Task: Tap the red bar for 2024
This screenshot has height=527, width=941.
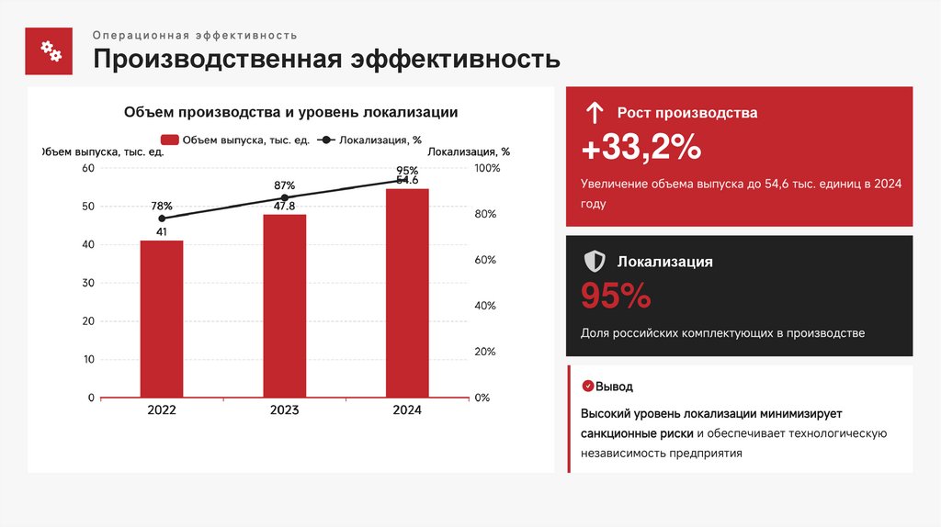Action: point(407,293)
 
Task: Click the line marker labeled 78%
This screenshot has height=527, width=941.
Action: point(163,219)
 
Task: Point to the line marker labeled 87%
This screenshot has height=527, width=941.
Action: point(285,197)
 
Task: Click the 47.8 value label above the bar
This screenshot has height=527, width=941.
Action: point(285,207)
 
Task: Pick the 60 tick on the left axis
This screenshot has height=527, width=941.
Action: point(88,168)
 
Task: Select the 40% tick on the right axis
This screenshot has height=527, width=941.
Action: point(485,306)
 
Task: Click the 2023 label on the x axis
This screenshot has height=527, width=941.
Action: point(285,410)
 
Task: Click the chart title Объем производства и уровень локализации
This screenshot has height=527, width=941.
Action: point(291,112)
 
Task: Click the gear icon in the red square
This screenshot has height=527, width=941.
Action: point(49,50)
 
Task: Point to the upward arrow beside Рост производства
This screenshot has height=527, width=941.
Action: point(595,113)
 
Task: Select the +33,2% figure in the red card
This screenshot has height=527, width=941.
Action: point(641,148)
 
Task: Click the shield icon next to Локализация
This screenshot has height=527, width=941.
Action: point(595,262)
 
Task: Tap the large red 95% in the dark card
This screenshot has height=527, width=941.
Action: point(616,296)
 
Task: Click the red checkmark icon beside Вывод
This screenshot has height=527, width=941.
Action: point(587,387)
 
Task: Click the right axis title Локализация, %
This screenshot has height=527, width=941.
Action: point(469,151)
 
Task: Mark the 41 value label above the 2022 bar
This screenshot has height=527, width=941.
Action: point(162,232)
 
